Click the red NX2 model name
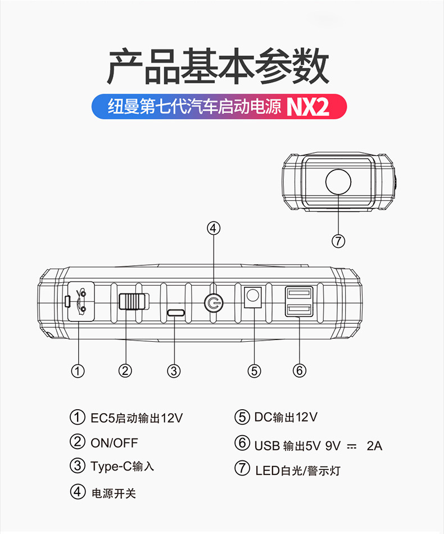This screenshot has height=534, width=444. [x=308, y=107]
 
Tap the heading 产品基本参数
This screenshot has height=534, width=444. [x=218, y=67]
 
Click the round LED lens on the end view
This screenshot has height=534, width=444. [x=338, y=182]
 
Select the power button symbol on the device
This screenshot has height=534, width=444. [x=213, y=304]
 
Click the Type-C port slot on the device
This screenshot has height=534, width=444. [x=176, y=313]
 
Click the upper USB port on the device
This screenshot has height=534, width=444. [x=299, y=294]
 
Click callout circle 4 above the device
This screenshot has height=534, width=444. [x=213, y=228]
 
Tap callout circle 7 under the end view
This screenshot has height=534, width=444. [x=338, y=241]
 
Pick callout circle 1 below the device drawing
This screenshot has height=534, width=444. [x=78, y=370]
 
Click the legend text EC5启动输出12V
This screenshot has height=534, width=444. [x=137, y=418]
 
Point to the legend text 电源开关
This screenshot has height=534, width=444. [x=114, y=494]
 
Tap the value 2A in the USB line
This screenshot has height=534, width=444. [x=374, y=446]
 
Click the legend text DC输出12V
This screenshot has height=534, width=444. [x=286, y=417]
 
